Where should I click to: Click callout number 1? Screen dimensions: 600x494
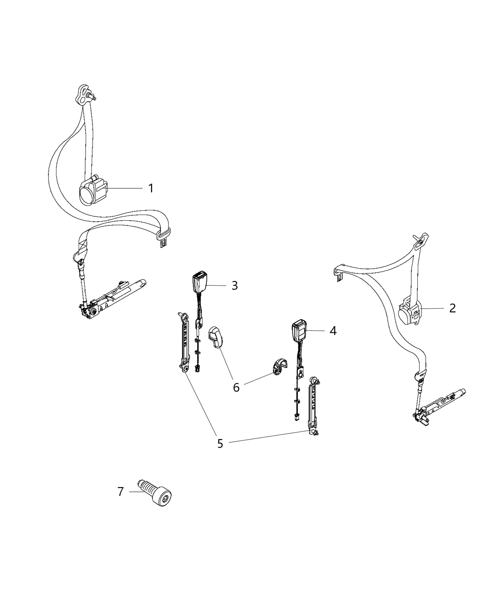[151, 188]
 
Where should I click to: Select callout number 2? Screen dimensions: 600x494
[452, 308]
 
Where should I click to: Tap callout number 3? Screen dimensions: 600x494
[234, 286]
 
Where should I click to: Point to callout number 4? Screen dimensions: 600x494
[333, 331]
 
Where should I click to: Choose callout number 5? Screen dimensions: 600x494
[220, 443]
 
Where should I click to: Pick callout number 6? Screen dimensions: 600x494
[236, 387]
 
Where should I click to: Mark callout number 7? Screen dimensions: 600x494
[120, 492]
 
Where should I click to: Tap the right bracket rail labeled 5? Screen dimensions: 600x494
[313, 406]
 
